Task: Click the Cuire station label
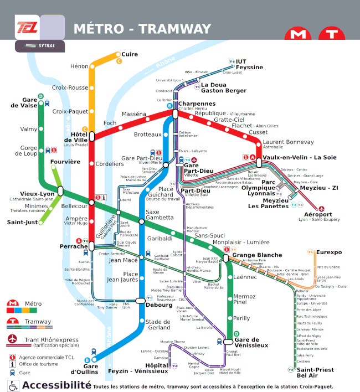[x=130, y=54]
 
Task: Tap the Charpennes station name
[x=197, y=104]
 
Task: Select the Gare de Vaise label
[x=22, y=103]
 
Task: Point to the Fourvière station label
[x=65, y=162]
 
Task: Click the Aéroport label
[x=318, y=214]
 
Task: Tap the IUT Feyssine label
[x=249, y=64]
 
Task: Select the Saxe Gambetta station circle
[x=141, y=221]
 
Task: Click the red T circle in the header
[x=332, y=34]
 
